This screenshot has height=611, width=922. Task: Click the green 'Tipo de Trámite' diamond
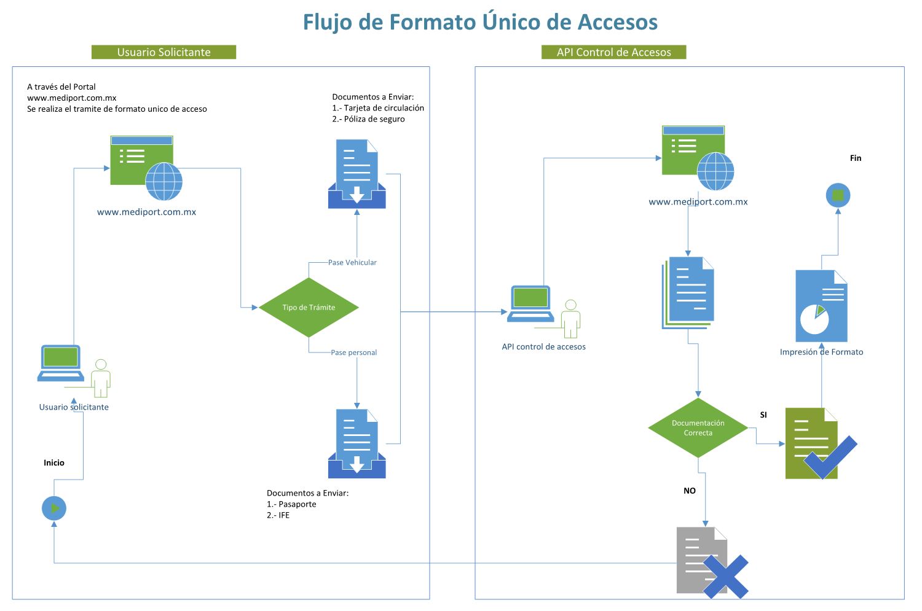[x=309, y=307]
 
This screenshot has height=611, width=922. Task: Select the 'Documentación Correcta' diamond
[x=698, y=428]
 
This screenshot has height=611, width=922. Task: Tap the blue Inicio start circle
[x=54, y=508]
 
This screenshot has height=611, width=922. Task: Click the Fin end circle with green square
[x=837, y=196]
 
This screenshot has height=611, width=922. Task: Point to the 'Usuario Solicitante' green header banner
[x=164, y=52]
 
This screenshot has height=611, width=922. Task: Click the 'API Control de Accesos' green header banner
[x=613, y=52]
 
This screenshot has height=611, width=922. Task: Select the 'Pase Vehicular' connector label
[x=352, y=262]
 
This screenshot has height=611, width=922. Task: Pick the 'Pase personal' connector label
[x=353, y=352]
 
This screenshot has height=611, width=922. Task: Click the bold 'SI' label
[x=763, y=415]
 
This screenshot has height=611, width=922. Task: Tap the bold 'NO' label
[x=690, y=491]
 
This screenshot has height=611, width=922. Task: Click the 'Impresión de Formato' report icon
[x=821, y=306]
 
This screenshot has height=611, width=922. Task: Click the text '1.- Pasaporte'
[x=291, y=504]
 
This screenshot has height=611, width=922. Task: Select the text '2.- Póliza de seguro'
[x=368, y=119]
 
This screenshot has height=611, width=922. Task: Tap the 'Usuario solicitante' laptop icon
[x=61, y=364]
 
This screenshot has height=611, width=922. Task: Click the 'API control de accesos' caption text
[x=543, y=347]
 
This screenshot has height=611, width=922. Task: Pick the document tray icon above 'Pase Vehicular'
[x=357, y=174]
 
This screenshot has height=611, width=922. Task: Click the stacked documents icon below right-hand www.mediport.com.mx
[x=688, y=293]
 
